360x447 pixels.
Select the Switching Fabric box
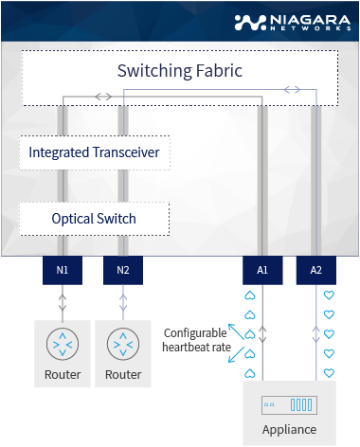[180, 71]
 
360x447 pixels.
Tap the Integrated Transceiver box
[95, 152]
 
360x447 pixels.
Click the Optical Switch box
[95, 219]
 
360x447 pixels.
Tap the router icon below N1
[63, 342]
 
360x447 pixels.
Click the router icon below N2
[123, 342]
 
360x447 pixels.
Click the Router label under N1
[63, 375]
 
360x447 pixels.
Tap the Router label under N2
[123, 375]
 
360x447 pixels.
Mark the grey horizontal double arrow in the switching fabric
[102, 97]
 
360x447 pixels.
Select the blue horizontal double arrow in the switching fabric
[294, 89]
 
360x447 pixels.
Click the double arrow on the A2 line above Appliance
[316, 333]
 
